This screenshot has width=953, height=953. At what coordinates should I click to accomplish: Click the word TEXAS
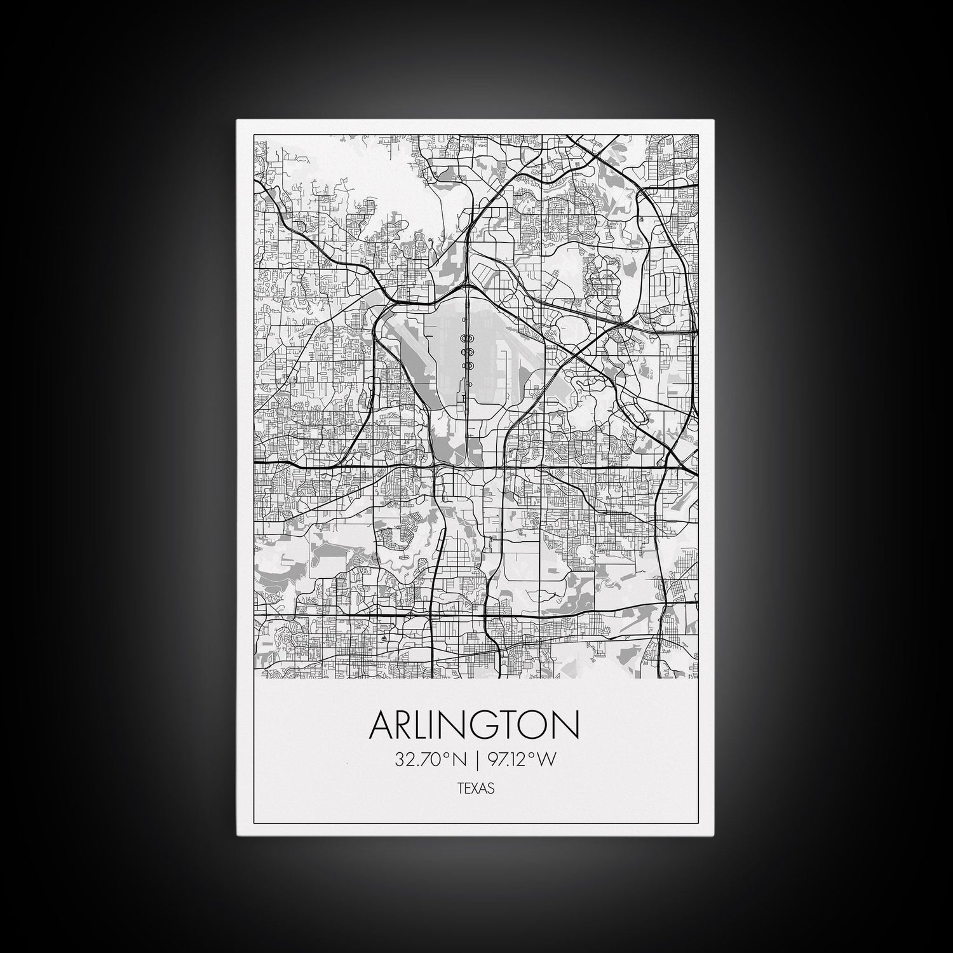(475, 788)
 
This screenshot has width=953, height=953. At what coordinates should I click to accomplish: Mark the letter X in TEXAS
(475, 788)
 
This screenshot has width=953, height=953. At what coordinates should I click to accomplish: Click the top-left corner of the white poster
(237, 120)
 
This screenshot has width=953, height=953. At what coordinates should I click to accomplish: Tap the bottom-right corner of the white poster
(715, 835)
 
